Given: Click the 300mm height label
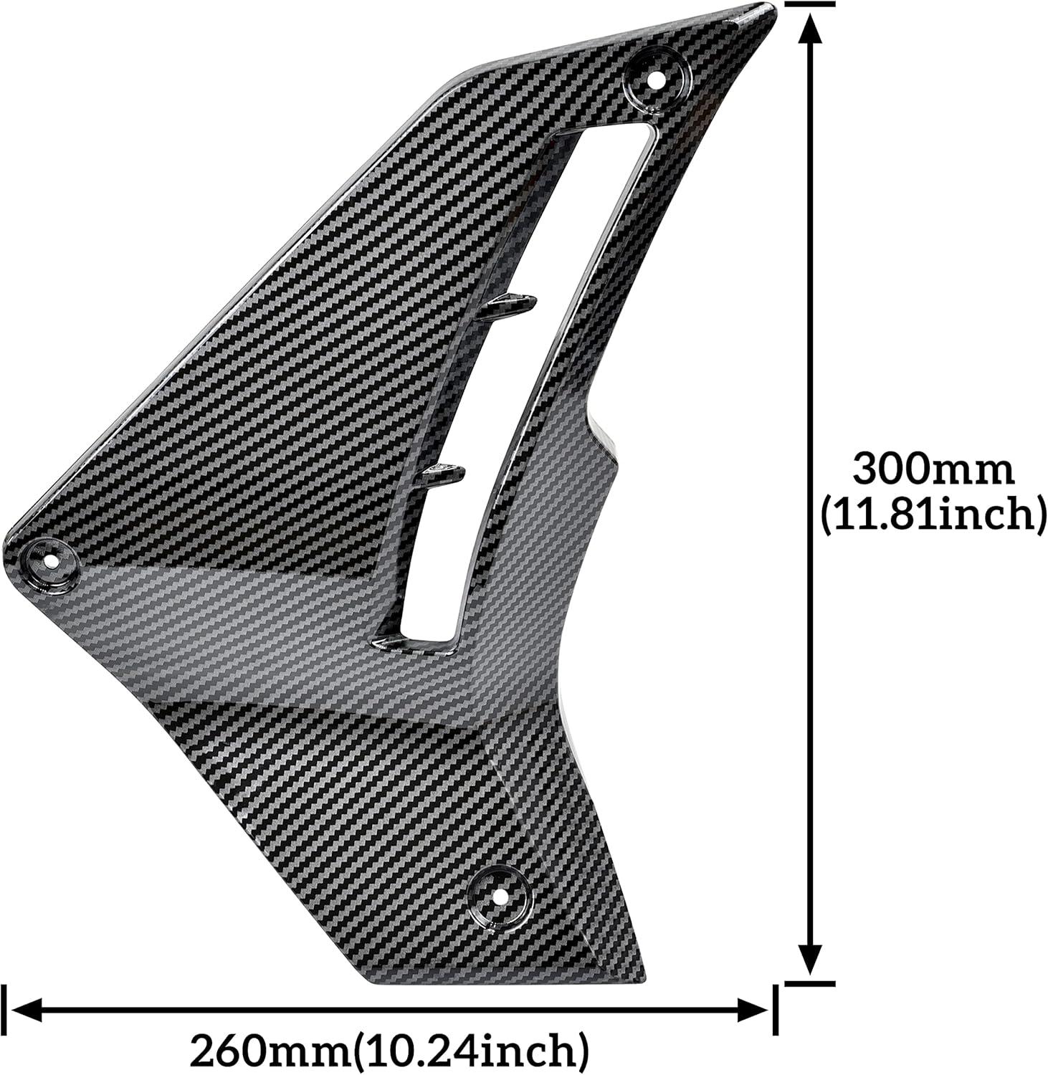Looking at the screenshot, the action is [933, 470].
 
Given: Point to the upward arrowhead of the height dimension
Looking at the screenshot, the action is [810, 32].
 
